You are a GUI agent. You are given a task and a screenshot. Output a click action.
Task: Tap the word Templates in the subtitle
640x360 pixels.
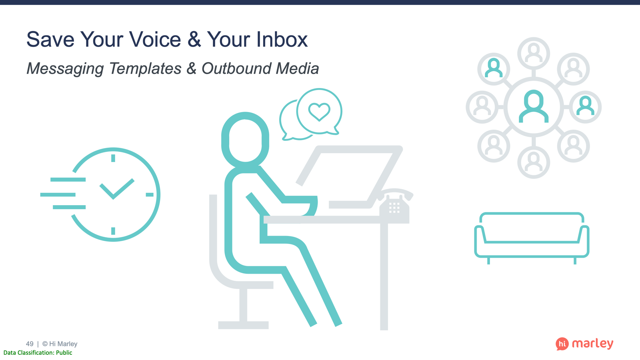click(x=145, y=68)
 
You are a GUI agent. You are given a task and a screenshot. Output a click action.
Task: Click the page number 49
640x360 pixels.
click(x=30, y=344)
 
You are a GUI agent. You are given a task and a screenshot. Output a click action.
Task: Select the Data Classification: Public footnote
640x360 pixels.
click(x=38, y=352)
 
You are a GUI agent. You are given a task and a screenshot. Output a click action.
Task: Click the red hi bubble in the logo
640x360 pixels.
click(x=562, y=344)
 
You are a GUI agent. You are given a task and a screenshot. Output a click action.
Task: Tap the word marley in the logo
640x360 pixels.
click(x=592, y=344)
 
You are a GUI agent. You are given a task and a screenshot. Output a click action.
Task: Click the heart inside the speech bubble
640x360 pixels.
click(x=319, y=112)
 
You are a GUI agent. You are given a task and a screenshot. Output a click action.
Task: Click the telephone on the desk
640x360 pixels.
click(x=394, y=205)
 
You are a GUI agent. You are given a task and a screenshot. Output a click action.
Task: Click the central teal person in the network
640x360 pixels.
click(x=534, y=106)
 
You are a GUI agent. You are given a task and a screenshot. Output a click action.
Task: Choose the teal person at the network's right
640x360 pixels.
click(x=586, y=106)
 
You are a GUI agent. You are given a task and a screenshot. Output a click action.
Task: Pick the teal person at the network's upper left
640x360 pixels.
click(x=494, y=68)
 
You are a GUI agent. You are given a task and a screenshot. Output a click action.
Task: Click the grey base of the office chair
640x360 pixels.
click(x=243, y=325)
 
